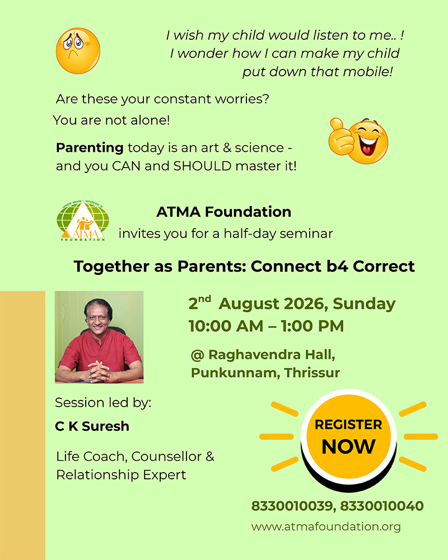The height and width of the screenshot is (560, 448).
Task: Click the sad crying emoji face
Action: tap(78, 51)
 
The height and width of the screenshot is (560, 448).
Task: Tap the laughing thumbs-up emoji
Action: tap(358, 141)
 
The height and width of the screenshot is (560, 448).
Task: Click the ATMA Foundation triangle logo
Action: tap(83, 221)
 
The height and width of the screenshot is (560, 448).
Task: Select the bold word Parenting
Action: tap(90, 147)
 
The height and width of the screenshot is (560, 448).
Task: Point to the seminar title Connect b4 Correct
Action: tap(333, 267)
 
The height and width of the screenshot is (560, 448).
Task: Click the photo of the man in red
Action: tap(99, 337)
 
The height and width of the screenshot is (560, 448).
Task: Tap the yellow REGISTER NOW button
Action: tap(348, 436)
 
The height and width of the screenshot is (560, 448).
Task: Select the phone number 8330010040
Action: tap(382, 506)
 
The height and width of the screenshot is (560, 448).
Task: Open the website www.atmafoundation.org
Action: tap(326, 527)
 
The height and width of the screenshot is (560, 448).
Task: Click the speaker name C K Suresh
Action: tap(92, 426)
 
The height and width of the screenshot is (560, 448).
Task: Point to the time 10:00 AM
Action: tap(226, 326)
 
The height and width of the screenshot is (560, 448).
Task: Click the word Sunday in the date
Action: tap(364, 304)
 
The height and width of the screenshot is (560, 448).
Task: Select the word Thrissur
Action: tap(312, 373)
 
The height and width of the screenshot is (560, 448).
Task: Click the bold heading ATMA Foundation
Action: tap(223, 212)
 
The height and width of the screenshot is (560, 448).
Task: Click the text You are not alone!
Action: tap(111, 120)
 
